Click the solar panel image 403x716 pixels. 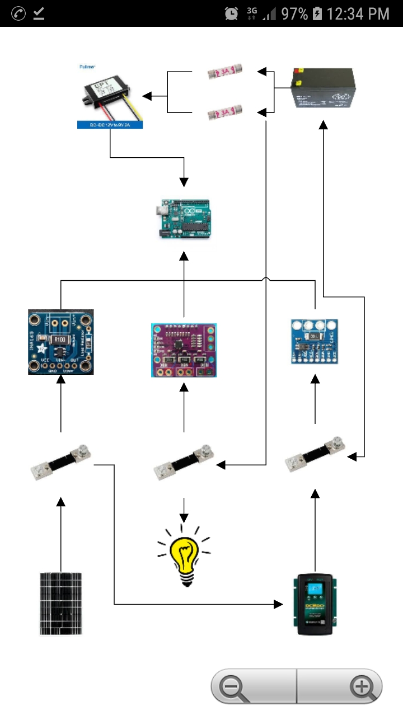[x=61, y=604]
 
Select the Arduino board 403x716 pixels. [x=183, y=219]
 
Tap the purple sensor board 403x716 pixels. [x=184, y=350]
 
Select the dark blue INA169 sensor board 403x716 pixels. [x=60, y=342]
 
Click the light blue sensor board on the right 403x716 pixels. [x=315, y=341]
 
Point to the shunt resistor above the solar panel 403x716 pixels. [x=61, y=462]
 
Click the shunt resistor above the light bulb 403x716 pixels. [x=185, y=462]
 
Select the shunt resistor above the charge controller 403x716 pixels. [x=315, y=454]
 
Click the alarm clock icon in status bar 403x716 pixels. [x=231, y=13]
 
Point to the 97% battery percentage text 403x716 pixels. [x=294, y=13]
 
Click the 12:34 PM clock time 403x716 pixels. [x=358, y=13]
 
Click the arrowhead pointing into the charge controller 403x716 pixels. [x=278, y=604]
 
